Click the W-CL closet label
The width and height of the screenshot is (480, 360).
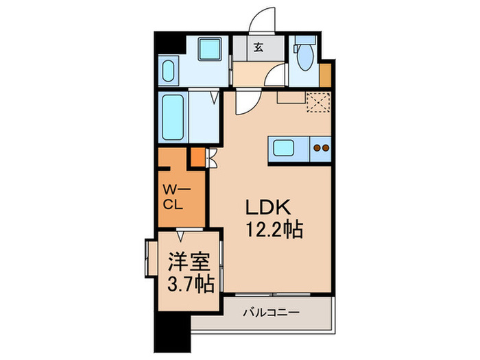click(x=173, y=197)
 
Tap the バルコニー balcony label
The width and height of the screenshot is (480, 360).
click(x=271, y=313)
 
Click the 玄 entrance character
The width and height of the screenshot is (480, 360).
click(x=258, y=48)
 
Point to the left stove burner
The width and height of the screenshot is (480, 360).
click(x=317, y=147)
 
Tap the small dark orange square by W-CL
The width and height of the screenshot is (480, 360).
click(x=197, y=158)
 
